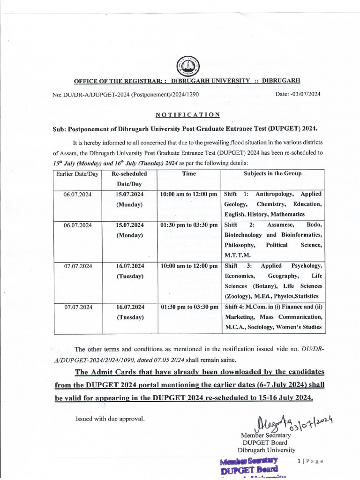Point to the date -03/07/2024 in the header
point(298,94)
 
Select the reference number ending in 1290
point(126,94)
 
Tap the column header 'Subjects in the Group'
point(272,173)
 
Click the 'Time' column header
point(188,173)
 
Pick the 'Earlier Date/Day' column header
point(77,173)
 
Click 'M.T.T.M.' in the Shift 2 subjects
point(238,255)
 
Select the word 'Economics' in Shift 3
point(240,276)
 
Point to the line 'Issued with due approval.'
point(110,419)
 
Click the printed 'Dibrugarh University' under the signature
point(266,450)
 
